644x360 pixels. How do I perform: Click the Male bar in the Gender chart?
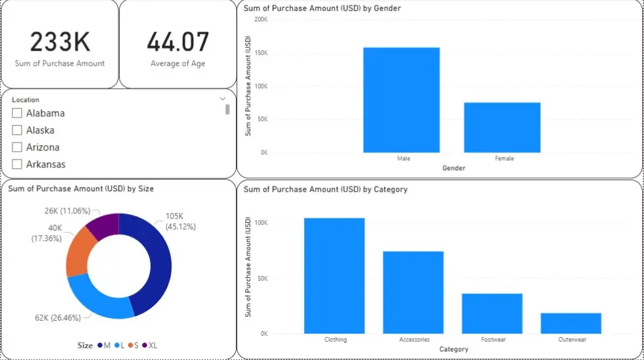click(x=401, y=100)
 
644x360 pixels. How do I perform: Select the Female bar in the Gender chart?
click(x=502, y=127)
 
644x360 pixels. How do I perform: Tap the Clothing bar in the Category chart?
click(x=334, y=276)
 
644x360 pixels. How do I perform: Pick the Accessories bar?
click(x=413, y=292)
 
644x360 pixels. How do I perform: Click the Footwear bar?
click(x=492, y=313)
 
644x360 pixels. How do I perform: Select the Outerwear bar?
click(x=570, y=323)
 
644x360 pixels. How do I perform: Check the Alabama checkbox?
click(x=18, y=114)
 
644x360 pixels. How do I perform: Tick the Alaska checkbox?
click(x=18, y=131)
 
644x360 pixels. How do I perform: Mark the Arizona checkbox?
click(x=18, y=148)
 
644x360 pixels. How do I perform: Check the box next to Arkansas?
click(x=18, y=165)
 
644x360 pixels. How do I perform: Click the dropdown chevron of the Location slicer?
click(x=223, y=99)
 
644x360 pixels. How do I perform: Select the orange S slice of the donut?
click(x=78, y=254)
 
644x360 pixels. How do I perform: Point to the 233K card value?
click(x=60, y=42)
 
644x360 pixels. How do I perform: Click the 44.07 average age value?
click(x=177, y=42)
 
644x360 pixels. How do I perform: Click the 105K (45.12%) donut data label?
click(x=181, y=222)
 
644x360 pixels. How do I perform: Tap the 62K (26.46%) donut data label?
click(x=58, y=318)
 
